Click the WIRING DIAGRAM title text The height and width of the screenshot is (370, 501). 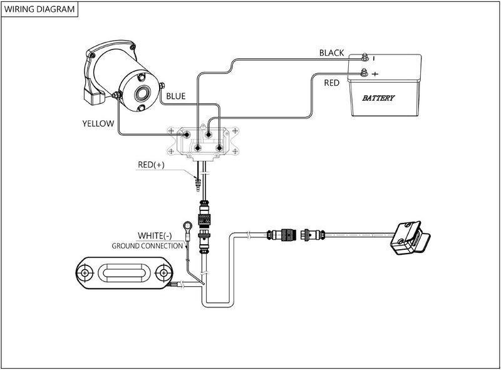39,10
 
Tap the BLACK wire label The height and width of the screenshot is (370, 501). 331,53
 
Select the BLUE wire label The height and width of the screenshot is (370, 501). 175,96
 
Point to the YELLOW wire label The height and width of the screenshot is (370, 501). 98,123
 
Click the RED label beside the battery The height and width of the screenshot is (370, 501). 332,82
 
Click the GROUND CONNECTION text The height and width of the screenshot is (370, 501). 147,246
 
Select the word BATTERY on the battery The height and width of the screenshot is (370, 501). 378,99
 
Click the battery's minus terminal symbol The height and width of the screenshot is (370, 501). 374,58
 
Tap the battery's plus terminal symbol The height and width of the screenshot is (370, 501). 374,74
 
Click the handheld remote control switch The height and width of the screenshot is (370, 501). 411,239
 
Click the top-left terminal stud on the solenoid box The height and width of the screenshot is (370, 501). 186,133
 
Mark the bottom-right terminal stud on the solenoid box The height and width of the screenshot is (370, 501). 220,148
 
